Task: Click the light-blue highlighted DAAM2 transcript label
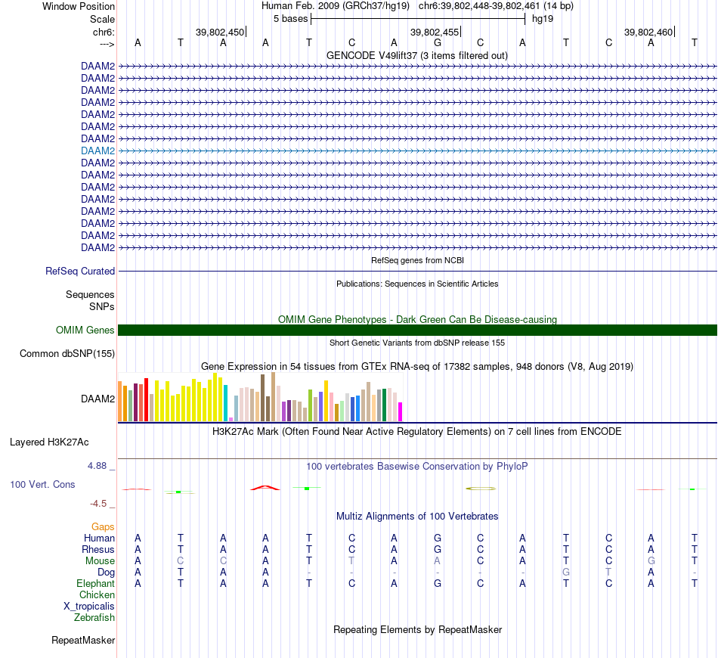coord(97,151)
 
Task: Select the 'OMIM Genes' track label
coord(85,330)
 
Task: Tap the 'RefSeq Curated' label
coord(80,271)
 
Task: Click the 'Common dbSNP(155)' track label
coord(67,353)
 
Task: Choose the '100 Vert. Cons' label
coord(42,484)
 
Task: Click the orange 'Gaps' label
coord(104,526)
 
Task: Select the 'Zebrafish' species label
coord(94,617)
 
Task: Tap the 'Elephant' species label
coord(95,583)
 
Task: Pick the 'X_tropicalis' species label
coord(89,606)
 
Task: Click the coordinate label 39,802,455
coord(434,32)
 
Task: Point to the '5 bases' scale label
coord(290,18)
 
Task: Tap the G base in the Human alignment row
coord(438,538)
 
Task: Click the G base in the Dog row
coord(566,572)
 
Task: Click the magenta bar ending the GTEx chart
coord(401,411)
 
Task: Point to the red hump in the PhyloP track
coord(265,487)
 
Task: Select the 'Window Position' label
coord(79,6)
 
